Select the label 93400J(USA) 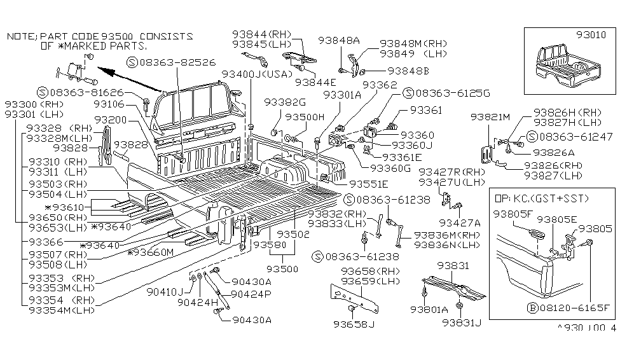251,74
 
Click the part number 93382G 285,102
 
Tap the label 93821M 490,117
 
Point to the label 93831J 464,323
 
